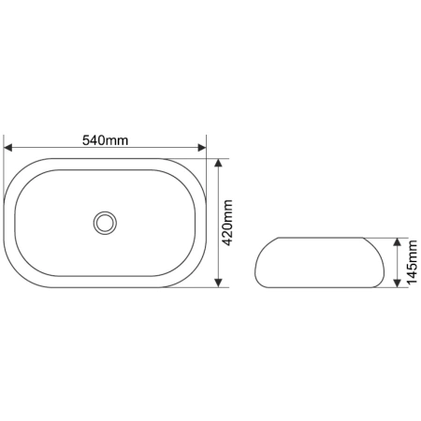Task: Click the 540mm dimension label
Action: point(105,140)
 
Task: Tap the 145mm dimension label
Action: point(412,262)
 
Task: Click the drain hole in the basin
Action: point(105,223)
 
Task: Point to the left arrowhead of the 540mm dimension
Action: point(7,148)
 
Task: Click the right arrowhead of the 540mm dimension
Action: point(202,148)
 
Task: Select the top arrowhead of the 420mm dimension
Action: point(219,163)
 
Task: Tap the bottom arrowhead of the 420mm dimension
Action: point(219,283)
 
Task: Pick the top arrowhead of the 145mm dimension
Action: point(397,242)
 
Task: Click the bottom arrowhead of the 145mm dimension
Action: point(397,283)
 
